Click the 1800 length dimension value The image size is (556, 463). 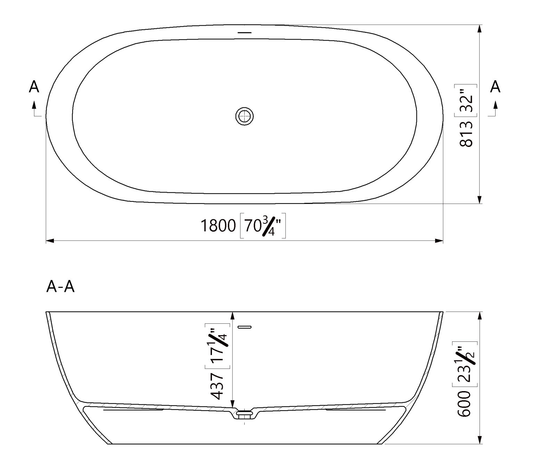pos(218,226)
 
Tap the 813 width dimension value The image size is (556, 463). pos(466,134)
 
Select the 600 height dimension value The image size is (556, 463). pos(464,403)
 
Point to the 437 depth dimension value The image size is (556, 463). pos(217,386)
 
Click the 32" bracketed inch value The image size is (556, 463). pos(466,100)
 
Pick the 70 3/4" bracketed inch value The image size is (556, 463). pos(263,226)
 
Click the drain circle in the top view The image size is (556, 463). pos(245,116)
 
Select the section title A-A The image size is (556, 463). pos(60,287)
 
